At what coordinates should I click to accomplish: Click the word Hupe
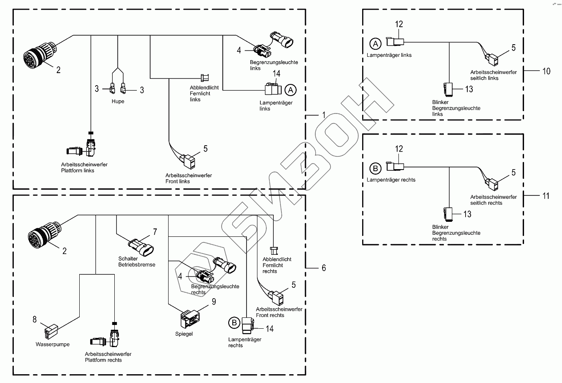click(118, 101)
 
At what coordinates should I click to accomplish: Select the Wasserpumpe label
click(53, 345)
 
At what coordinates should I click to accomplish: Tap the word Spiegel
click(184, 334)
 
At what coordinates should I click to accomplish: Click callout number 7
click(155, 232)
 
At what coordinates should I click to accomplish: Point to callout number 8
click(35, 320)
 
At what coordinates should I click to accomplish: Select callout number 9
click(214, 302)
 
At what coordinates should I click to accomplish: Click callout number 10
click(546, 71)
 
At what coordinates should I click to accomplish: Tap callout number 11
click(545, 196)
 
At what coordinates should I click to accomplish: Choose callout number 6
click(324, 268)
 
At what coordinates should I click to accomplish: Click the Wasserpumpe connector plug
click(50, 332)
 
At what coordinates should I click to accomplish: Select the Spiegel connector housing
click(188, 320)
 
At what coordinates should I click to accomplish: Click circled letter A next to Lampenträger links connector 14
click(290, 90)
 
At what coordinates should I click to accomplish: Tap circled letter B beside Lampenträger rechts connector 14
click(234, 322)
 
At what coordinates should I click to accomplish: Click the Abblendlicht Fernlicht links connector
click(205, 78)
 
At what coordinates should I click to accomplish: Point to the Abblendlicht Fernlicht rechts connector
click(274, 251)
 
